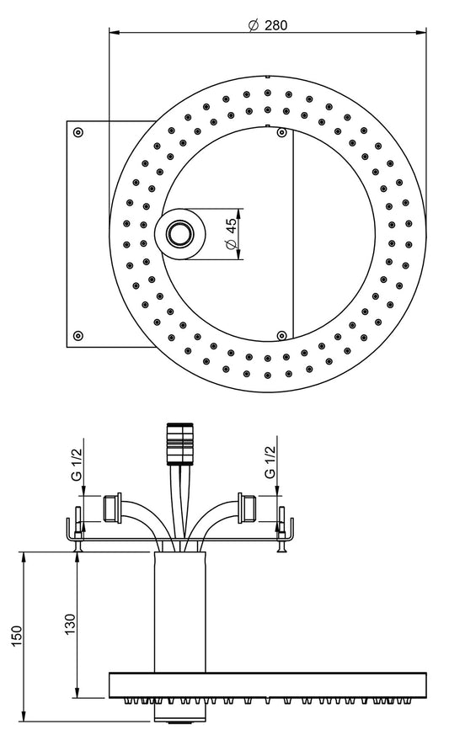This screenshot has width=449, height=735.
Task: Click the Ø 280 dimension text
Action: [x=268, y=24]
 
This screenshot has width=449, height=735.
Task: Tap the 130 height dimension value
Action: [x=70, y=624]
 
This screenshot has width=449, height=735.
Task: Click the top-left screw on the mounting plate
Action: [x=78, y=132]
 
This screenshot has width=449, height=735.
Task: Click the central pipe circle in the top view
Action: [x=179, y=231]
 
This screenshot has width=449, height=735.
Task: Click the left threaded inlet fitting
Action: [x=110, y=507]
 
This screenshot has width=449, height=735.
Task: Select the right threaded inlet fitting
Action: [x=247, y=507]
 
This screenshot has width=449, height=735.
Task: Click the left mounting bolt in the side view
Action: [x=78, y=530]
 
